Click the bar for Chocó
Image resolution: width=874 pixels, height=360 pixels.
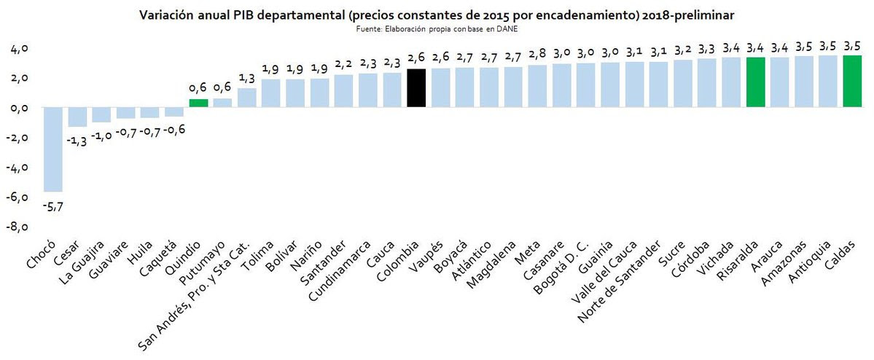[53, 149]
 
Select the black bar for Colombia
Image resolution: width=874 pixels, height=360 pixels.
[416, 88]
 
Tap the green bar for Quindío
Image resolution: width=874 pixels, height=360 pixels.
[198, 103]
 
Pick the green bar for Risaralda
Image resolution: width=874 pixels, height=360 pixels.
[756, 82]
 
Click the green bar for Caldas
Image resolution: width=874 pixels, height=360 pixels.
[852, 82]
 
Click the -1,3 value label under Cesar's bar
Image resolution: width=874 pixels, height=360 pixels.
[77, 141]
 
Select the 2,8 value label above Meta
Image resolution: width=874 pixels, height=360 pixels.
[537, 54]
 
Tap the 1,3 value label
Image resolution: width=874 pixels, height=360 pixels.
[246, 77]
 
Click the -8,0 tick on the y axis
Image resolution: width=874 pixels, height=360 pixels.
[18, 227]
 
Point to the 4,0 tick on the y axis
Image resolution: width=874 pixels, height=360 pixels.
[19, 48]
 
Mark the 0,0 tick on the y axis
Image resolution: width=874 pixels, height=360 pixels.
[19, 108]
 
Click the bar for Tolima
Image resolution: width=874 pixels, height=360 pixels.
[271, 93]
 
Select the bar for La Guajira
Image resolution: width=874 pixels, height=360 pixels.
[101, 114]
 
